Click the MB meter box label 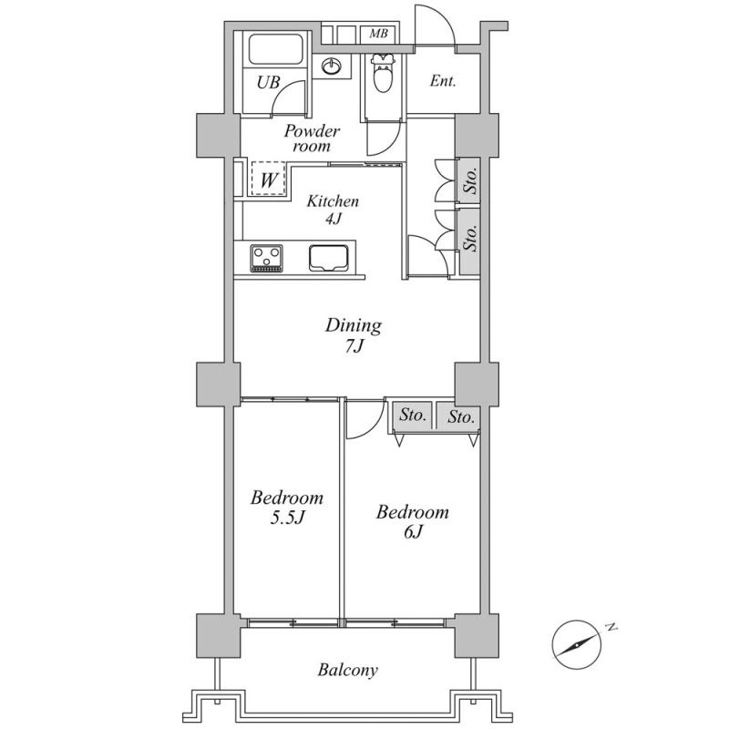click(x=377, y=35)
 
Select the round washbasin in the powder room click(x=332, y=67)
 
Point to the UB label click(x=266, y=83)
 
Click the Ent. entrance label click(x=443, y=81)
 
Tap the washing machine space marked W click(x=268, y=179)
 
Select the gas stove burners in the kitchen click(x=267, y=258)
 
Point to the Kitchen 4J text click(x=332, y=210)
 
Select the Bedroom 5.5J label click(x=287, y=508)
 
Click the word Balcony click(x=347, y=671)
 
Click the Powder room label click(x=311, y=138)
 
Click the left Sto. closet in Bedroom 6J click(x=413, y=416)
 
